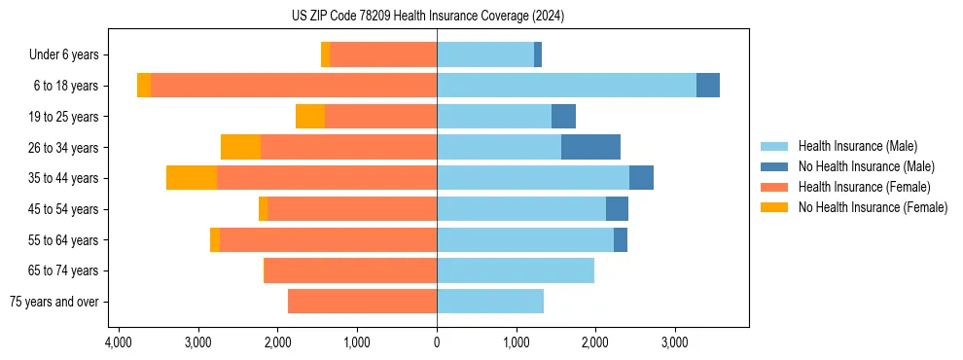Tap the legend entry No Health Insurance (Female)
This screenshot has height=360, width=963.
pos(872,207)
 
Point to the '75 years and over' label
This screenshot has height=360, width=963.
pos(53,302)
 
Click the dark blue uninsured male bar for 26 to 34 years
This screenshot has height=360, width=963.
pos(590,147)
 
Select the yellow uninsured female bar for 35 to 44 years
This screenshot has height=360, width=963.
pos(192,178)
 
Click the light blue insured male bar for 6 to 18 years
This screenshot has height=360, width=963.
pos(566,86)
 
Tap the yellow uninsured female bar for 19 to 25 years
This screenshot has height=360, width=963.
pos(310,117)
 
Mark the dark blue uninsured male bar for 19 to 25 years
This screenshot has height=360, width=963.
pos(563,117)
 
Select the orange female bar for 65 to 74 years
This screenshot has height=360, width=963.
pos(351,270)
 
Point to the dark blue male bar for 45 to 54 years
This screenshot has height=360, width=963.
pos(617,209)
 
